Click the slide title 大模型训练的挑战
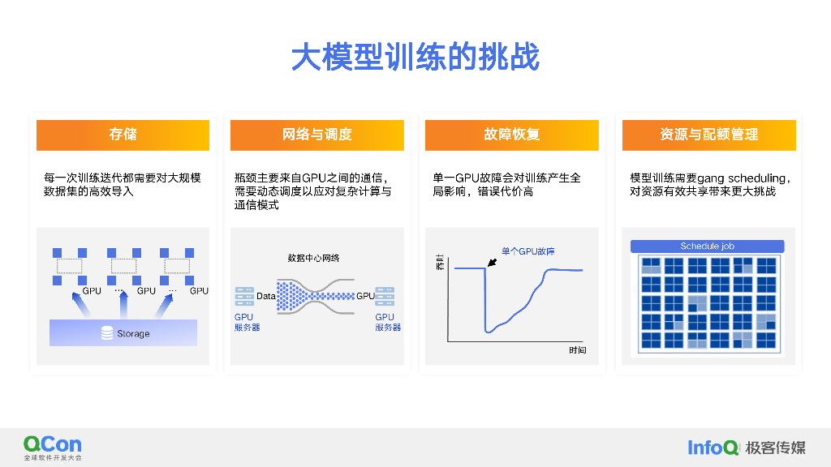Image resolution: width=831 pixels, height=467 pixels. coord(415,58)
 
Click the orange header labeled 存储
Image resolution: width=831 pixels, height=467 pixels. coord(123,135)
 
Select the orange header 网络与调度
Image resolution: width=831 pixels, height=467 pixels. coord(316,135)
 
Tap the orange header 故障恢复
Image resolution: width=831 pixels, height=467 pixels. coord(511,135)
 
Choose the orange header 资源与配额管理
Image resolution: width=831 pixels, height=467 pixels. coord(708,135)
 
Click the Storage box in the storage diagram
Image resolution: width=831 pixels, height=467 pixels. coord(123,332)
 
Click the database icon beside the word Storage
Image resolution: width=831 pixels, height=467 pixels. coord(106,333)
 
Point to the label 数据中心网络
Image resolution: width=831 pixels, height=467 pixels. coord(313,258)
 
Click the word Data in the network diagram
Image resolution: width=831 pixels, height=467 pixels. coord(266,296)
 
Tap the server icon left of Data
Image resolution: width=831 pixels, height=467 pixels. coord(243,297)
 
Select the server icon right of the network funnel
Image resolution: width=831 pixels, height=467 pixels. coord(385,297)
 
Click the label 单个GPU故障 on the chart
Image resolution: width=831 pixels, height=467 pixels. coord(527,251)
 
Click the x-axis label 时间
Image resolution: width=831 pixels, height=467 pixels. coord(577,350)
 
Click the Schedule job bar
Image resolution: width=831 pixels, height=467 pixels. coord(708,246)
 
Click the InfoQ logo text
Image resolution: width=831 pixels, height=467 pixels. coord(713,447)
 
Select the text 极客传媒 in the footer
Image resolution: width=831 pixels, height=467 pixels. coord(775,447)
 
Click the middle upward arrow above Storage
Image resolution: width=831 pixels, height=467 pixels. coord(123,306)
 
